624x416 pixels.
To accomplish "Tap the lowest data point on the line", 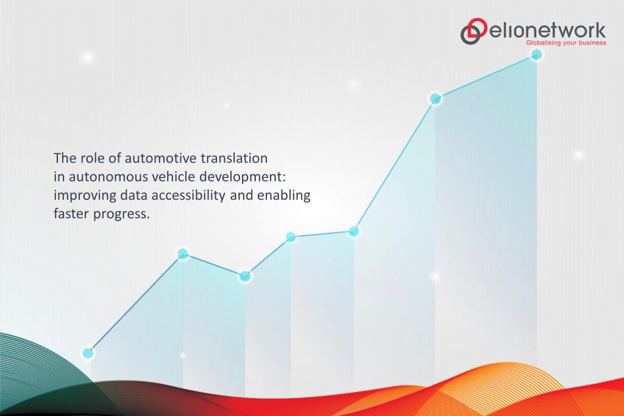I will (x=88, y=353).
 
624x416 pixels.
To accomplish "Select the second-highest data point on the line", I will (x=436, y=98).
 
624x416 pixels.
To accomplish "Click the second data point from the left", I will (x=182, y=253).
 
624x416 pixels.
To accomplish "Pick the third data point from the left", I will (x=245, y=276).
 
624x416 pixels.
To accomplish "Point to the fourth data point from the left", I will (x=291, y=237).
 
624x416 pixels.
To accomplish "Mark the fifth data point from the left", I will (x=353, y=231).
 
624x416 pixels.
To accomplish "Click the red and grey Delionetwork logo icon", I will (x=473, y=32).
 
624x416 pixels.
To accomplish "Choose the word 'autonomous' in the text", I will (x=98, y=177).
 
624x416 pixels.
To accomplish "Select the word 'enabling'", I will (x=286, y=196).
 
